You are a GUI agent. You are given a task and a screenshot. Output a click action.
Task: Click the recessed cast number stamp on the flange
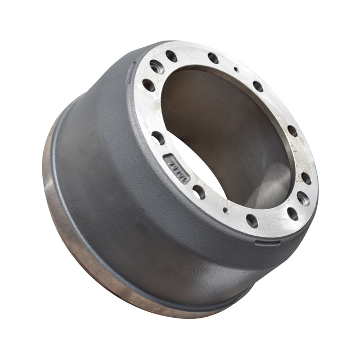(x=176, y=168)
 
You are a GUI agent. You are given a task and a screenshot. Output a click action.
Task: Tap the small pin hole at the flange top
(x=236, y=70)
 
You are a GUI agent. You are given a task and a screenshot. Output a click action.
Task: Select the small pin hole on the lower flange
(x=226, y=210)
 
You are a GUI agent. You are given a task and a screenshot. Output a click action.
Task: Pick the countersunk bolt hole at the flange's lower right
(x=303, y=198)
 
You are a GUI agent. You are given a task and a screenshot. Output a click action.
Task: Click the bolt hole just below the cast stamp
(x=199, y=192)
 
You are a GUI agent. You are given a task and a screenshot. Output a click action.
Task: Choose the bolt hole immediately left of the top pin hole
(x=213, y=58)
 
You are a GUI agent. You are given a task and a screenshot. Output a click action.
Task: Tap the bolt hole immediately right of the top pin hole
(x=258, y=86)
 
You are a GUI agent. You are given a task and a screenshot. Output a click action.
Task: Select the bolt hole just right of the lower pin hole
(x=251, y=220)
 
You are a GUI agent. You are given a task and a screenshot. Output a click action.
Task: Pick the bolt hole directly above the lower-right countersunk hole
(x=306, y=178)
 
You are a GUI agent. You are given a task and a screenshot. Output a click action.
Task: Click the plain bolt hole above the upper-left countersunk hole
(x=172, y=56)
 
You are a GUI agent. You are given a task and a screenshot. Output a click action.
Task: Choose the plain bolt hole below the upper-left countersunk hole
(x=148, y=85)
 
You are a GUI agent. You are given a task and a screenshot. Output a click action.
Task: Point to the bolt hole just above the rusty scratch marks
(x=292, y=130)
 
